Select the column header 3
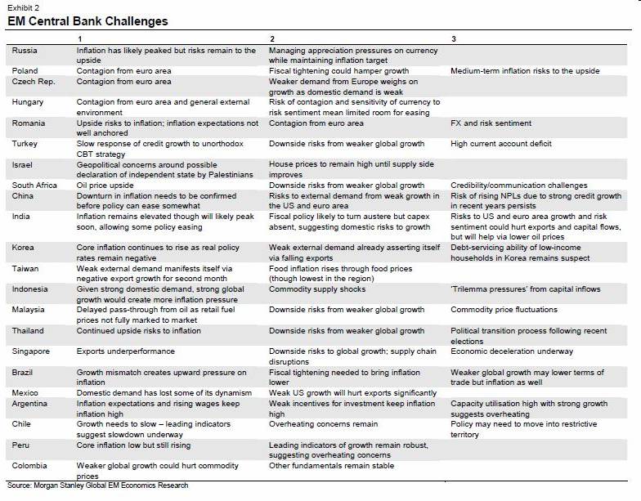point(454,39)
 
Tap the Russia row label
point(25,51)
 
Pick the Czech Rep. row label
point(34,82)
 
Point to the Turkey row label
point(25,144)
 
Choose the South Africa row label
point(35,186)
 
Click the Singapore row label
point(31,351)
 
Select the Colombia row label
point(30,466)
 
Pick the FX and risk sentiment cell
point(491,123)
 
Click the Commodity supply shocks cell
point(319,289)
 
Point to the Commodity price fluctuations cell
point(504,310)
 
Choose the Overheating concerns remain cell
point(324,424)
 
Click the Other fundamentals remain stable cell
point(331,466)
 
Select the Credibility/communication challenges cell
point(519,186)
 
